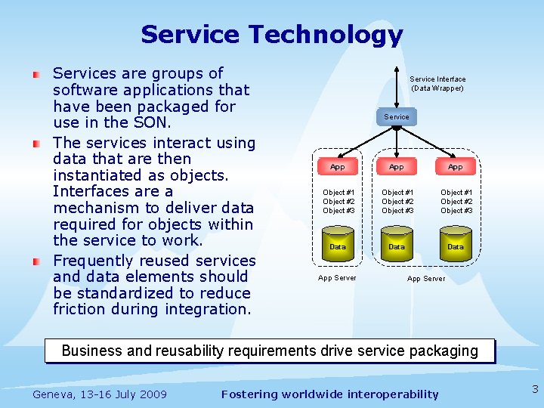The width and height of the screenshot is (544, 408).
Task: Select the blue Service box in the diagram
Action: pyautogui.click(x=397, y=116)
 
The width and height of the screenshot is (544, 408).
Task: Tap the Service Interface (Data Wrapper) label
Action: pyautogui.click(x=437, y=83)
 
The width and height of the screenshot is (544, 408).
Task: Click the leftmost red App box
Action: pyautogui.click(x=338, y=166)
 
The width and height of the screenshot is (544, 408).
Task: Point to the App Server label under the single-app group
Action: pyautogui.click(x=337, y=278)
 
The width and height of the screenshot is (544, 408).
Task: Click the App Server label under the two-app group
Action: pyautogui.click(x=426, y=279)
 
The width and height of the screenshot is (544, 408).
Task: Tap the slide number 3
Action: pyautogui.click(x=535, y=390)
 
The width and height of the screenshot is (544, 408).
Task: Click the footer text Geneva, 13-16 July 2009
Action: pyautogui.click(x=100, y=394)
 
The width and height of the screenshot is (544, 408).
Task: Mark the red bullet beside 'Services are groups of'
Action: pyautogui.click(x=36, y=75)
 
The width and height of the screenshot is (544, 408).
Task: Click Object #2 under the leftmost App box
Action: pyautogui.click(x=338, y=202)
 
